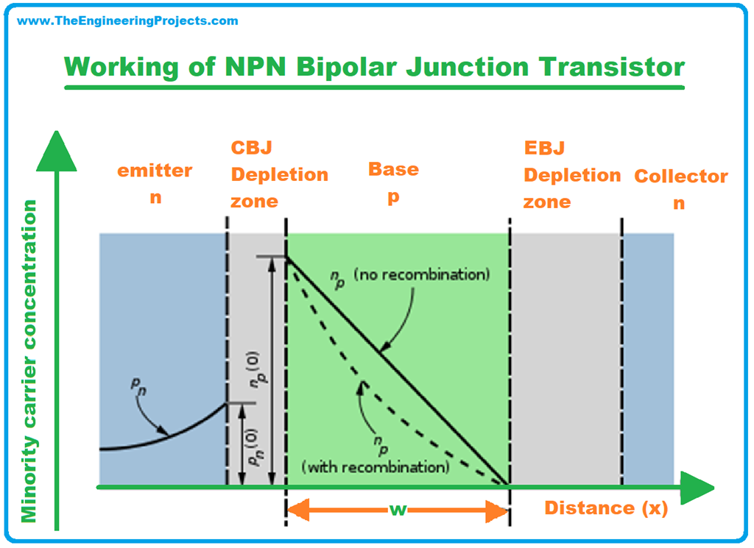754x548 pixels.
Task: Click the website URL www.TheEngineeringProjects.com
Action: pos(127,21)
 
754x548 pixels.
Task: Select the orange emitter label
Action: pos(155,171)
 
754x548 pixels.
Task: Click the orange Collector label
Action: pos(681,177)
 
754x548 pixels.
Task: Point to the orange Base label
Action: pos(393,169)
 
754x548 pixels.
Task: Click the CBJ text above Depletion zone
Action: pos(252,148)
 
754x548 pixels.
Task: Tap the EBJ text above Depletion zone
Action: pos(544,149)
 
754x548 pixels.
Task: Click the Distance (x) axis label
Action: pos(606,508)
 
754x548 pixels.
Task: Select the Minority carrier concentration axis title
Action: pos(29,360)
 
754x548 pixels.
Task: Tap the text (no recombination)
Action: pos(421,275)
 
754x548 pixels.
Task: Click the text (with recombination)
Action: pos(375,467)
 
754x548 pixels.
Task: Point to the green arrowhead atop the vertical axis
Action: pos(57,152)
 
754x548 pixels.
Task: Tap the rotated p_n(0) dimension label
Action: pos(253,446)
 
